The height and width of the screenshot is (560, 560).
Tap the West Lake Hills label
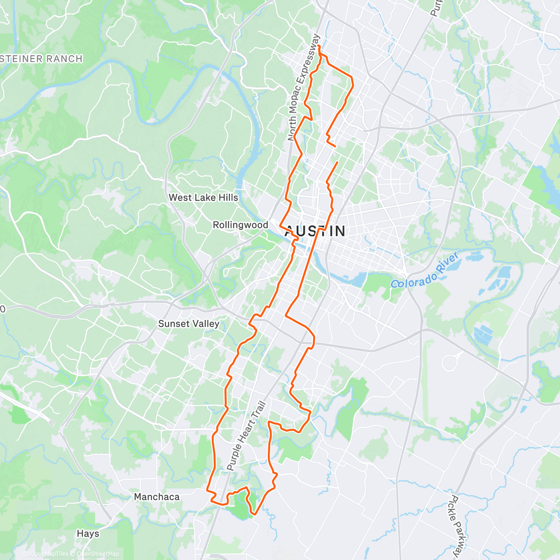coord(203,197)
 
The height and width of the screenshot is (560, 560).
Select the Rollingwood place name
coord(240,225)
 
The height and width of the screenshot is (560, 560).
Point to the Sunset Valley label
coord(189,323)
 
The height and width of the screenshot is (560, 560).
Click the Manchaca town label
coord(157,497)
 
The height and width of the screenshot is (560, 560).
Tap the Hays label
coord(88,533)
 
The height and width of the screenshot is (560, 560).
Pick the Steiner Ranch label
coord(41,59)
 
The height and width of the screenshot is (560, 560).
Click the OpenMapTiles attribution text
coord(48,554)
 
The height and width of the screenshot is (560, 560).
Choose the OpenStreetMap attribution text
coord(98,554)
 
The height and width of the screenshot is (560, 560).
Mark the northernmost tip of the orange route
coord(318,46)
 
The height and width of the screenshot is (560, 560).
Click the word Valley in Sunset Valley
coord(203,323)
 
